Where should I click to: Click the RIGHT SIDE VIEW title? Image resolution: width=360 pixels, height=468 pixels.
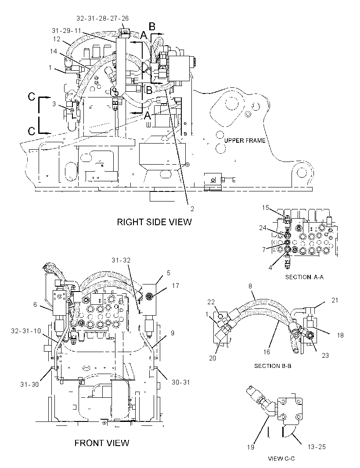[154, 222]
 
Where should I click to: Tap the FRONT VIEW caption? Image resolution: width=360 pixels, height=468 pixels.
[102, 443]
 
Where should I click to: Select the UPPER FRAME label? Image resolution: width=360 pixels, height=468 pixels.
[245, 140]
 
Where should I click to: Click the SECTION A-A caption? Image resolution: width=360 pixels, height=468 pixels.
[304, 277]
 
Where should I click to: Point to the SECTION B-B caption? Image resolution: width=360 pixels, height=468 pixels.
[273, 366]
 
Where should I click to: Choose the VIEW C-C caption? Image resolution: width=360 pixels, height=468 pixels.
[281, 458]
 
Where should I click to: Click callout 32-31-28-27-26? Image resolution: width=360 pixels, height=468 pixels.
[102, 18]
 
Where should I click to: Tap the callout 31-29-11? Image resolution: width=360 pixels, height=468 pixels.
[66, 30]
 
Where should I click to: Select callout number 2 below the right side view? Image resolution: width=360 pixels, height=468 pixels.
[192, 209]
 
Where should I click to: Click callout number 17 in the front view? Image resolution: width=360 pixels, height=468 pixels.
[176, 286]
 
